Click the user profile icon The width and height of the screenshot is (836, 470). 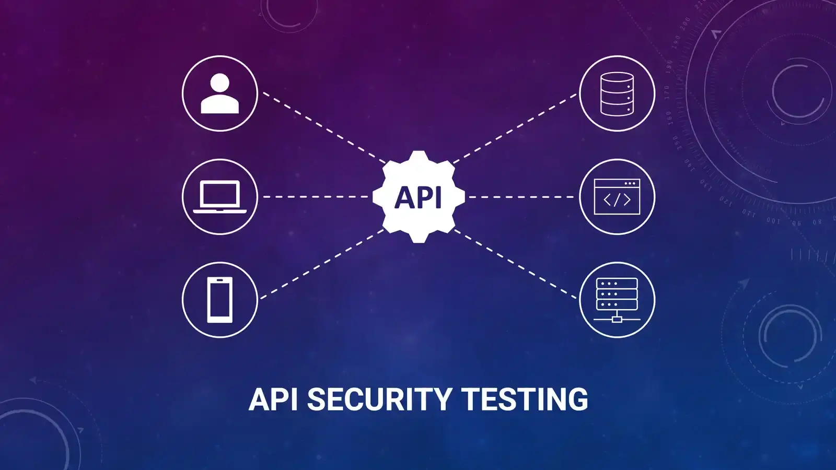pos(220,93)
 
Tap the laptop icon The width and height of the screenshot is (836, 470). pos(220,196)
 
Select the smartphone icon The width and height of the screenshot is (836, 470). pos(220,300)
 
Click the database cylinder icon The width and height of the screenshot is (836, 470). pos(617,93)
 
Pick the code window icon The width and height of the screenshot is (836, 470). pos(617,196)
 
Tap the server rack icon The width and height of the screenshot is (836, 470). pos(617,300)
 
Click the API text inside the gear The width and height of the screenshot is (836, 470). pos(419,197)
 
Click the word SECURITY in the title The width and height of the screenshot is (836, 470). pos(379,399)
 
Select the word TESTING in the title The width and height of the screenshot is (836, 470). pos(525,399)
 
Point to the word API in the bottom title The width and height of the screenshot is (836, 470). pos(273,399)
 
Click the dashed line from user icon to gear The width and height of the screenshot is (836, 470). pos(324,128)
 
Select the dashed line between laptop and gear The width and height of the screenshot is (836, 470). pos(316,196)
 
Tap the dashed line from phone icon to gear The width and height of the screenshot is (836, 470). pos(322,264)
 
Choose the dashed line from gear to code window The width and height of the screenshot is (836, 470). pos(521,197)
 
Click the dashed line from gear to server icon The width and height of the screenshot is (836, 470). pos(515,264)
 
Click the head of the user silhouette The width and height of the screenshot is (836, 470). pos(220,83)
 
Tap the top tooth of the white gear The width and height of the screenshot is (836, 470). pos(419,156)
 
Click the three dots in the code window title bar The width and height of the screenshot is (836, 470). pos(630,183)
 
